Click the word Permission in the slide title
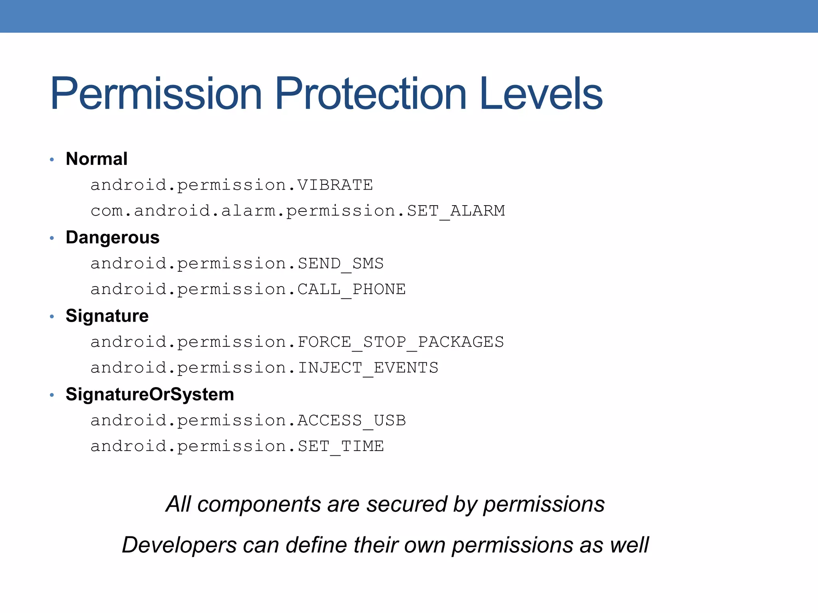point(156,94)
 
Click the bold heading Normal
point(97,159)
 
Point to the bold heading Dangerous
point(113,237)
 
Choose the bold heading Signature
point(107,316)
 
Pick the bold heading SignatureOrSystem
point(150,394)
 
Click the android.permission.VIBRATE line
point(232,185)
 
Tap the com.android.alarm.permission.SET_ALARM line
point(298,211)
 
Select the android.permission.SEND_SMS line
point(237,264)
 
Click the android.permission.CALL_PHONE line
point(248,289)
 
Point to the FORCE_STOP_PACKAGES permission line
point(297,342)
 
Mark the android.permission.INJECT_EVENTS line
point(264,368)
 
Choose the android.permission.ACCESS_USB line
point(248,421)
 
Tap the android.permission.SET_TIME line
point(237,446)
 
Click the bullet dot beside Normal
point(52,160)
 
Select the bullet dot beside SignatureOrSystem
point(52,395)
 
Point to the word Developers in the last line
point(179,545)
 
